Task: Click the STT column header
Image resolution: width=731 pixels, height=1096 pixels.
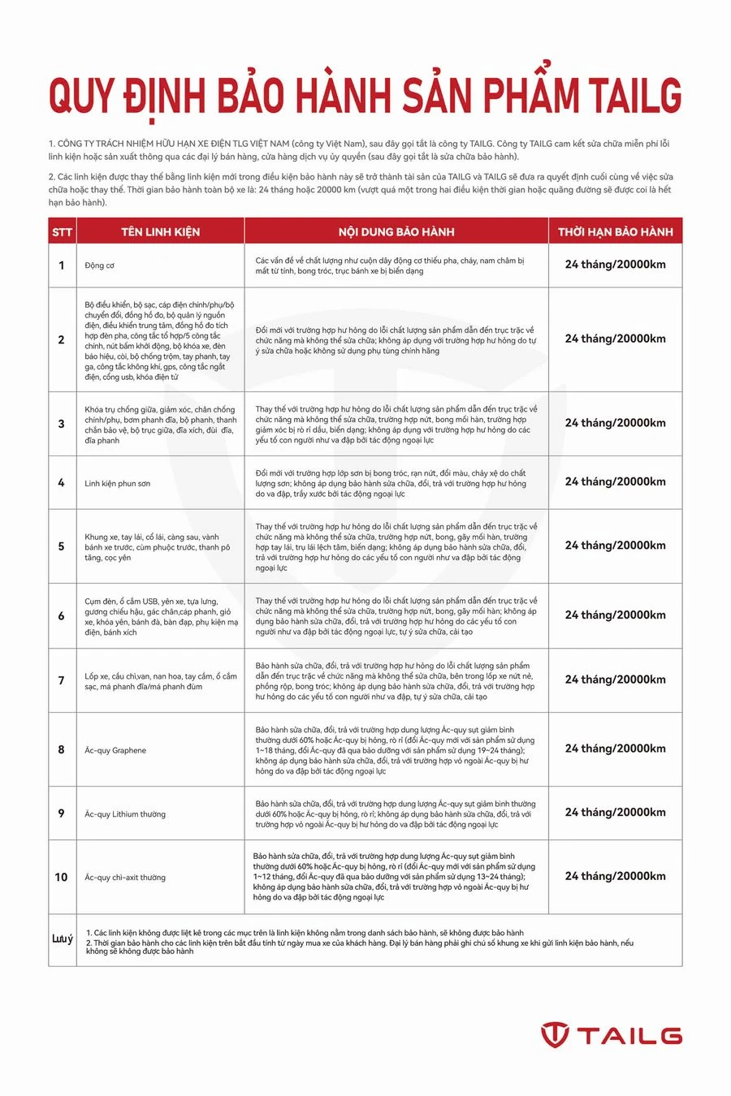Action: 62,231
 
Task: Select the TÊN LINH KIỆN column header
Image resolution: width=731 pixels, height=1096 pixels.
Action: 160,231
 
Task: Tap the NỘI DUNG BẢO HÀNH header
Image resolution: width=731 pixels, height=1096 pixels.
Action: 396,231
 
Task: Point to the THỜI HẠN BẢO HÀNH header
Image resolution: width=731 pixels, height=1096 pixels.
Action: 615,231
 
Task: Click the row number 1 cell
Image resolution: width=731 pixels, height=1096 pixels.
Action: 62,265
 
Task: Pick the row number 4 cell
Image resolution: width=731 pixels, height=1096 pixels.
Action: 62,482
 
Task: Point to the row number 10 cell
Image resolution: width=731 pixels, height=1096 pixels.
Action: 62,877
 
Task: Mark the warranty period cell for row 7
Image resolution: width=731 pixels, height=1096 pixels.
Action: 615,680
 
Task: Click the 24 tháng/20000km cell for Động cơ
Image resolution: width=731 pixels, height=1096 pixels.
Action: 615,265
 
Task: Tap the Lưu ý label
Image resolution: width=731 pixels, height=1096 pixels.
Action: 63,939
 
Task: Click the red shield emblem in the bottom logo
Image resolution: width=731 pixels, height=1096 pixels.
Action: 556,1035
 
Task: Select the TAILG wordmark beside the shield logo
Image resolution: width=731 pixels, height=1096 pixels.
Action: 629,1035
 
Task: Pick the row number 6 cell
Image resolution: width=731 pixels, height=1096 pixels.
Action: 62,615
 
